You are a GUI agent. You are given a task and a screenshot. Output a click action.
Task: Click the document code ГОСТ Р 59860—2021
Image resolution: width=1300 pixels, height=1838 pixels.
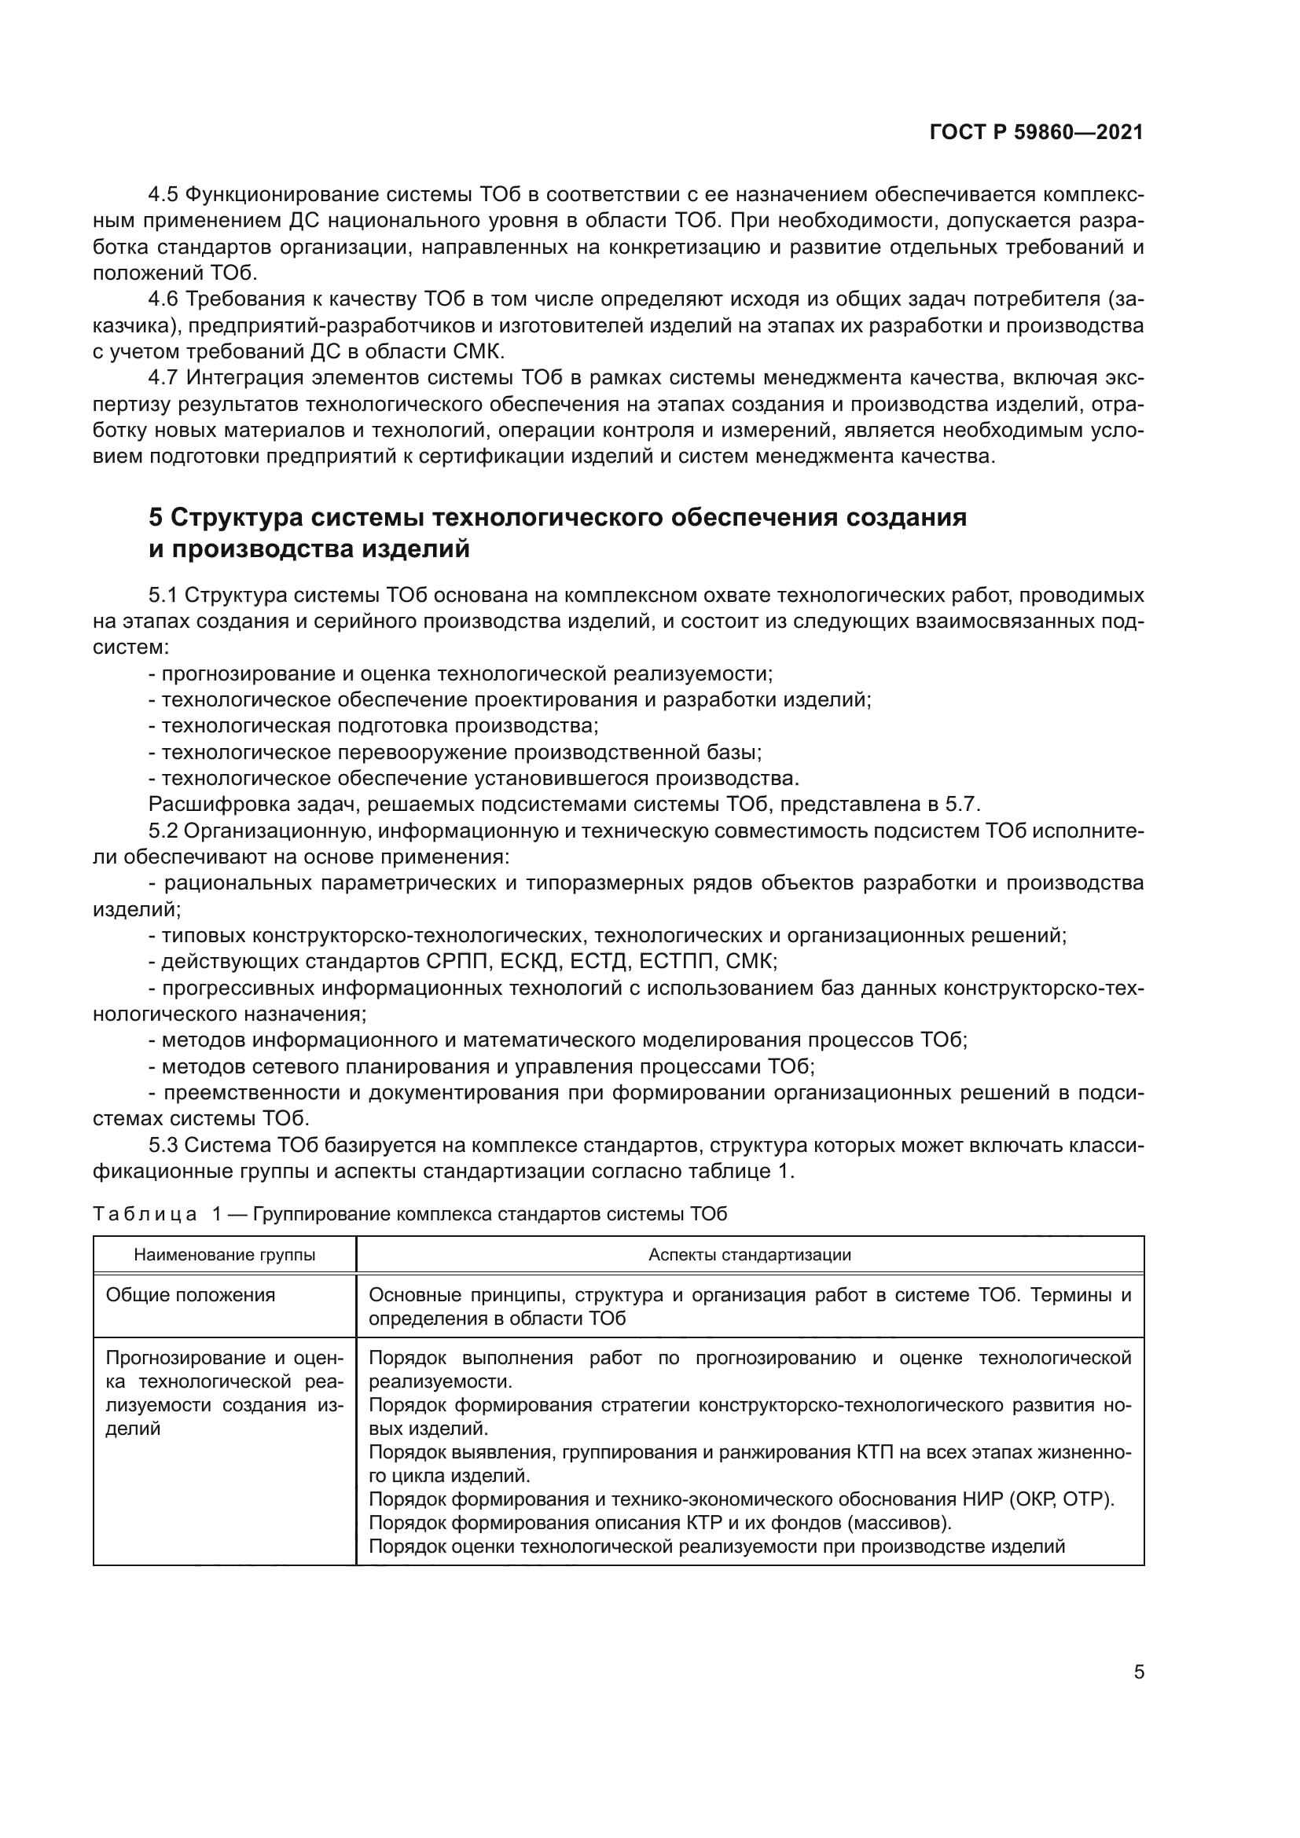(x=1036, y=133)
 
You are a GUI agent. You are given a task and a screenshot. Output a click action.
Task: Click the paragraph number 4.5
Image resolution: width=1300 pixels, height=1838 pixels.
(x=164, y=195)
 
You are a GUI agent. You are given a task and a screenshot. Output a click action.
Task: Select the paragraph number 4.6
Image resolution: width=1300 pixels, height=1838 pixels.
(x=164, y=299)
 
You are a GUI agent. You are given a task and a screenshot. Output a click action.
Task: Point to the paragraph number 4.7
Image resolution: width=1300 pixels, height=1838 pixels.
(x=164, y=378)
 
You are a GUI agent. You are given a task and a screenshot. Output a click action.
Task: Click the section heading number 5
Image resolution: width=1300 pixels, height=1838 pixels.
(x=156, y=518)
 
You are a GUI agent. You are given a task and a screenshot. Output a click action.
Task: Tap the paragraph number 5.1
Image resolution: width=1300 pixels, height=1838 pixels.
(x=164, y=596)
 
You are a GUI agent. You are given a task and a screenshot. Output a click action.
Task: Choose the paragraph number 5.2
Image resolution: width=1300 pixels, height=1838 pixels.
(x=164, y=831)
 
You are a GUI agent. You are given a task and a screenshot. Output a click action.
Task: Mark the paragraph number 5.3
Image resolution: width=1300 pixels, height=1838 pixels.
(x=164, y=1146)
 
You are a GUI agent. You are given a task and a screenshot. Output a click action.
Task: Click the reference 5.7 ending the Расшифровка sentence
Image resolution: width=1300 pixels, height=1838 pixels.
(x=963, y=805)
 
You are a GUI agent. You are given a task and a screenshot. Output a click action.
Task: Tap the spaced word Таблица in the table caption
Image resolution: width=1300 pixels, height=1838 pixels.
(x=145, y=1214)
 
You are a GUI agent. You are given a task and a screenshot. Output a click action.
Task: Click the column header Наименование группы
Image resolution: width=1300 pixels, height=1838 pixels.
(x=224, y=1255)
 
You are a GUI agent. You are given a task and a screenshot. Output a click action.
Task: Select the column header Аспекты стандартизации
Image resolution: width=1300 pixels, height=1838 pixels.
(x=749, y=1255)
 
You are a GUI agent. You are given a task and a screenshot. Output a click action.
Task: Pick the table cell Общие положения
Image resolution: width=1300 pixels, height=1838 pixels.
(x=190, y=1295)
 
